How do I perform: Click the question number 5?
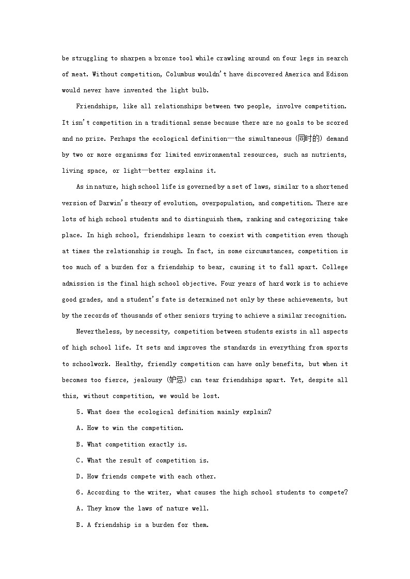(78, 412)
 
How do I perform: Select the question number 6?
(78, 492)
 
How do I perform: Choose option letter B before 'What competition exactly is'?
(78, 444)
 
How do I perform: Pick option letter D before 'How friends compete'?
(78, 476)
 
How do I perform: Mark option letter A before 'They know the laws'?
(78, 508)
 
